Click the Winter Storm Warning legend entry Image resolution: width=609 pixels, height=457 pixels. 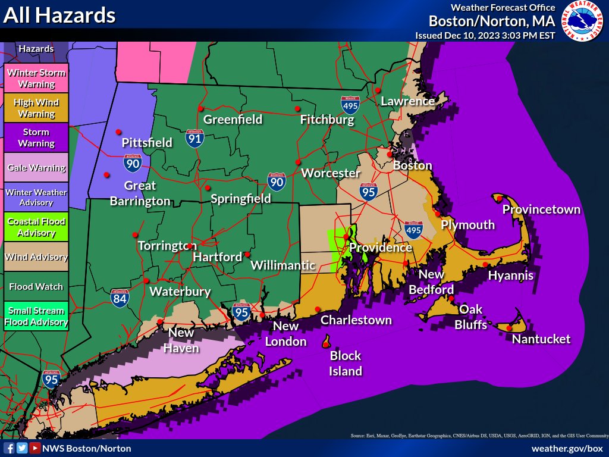(36, 78)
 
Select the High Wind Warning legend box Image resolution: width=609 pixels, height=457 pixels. (36, 108)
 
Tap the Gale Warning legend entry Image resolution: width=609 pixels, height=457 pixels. (36, 167)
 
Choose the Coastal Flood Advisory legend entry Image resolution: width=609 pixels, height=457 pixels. (36, 227)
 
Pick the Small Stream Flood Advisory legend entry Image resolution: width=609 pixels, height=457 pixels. (36, 316)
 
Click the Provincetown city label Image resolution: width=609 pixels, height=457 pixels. (541, 209)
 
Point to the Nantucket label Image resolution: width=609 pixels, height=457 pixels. (541, 339)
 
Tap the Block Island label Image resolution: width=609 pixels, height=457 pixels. (346, 363)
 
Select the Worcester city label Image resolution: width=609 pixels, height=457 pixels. (331, 173)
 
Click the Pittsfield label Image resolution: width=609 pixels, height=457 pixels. (147, 143)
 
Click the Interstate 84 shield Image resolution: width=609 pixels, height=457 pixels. (120, 297)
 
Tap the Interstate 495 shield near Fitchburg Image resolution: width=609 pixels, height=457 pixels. (350, 105)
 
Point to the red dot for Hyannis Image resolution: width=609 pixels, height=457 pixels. (485, 265)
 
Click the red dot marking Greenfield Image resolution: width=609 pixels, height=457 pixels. (201, 108)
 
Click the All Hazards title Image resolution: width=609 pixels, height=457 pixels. (59, 15)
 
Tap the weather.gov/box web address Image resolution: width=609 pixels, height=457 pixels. (567, 448)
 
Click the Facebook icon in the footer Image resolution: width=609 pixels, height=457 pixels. (9, 448)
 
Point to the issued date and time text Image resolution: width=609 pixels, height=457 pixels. (485, 36)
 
